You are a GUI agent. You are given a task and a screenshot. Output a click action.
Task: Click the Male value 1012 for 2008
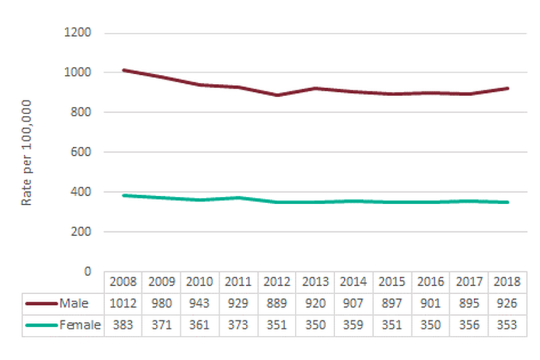click(x=123, y=304)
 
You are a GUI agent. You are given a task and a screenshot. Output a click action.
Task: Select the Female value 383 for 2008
click(x=123, y=325)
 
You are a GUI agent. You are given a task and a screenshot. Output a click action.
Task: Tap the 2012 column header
click(x=277, y=282)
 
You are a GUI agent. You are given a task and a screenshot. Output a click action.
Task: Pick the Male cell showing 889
click(x=277, y=304)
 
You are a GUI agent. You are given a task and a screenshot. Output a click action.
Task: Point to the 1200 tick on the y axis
click(x=78, y=33)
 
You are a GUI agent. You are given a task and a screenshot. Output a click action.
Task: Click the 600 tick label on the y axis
click(x=82, y=152)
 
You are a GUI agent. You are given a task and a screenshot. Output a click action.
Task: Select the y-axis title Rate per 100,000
click(x=26, y=152)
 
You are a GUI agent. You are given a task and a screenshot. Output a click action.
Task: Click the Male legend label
click(x=74, y=304)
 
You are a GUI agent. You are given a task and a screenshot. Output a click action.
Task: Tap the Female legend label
click(x=80, y=325)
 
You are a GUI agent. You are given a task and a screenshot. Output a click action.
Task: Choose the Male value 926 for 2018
click(x=508, y=304)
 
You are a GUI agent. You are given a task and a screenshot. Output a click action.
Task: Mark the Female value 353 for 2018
click(x=508, y=325)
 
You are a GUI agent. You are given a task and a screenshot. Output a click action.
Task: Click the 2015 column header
click(x=392, y=282)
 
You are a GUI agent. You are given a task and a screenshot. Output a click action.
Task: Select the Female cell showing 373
click(x=238, y=325)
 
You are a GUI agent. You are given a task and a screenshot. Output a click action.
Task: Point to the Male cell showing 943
click(x=200, y=304)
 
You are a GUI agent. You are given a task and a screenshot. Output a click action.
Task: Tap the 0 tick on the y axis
click(x=87, y=272)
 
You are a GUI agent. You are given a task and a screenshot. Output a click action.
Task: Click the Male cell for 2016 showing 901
click(x=431, y=304)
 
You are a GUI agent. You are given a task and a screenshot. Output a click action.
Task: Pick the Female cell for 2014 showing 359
click(x=354, y=325)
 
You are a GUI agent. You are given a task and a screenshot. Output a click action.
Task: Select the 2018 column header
click(x=508, y=282)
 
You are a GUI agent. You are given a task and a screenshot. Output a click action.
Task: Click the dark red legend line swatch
click(x=42, y=304)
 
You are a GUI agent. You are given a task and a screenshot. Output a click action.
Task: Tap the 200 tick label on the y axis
click(x=82, y=232)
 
